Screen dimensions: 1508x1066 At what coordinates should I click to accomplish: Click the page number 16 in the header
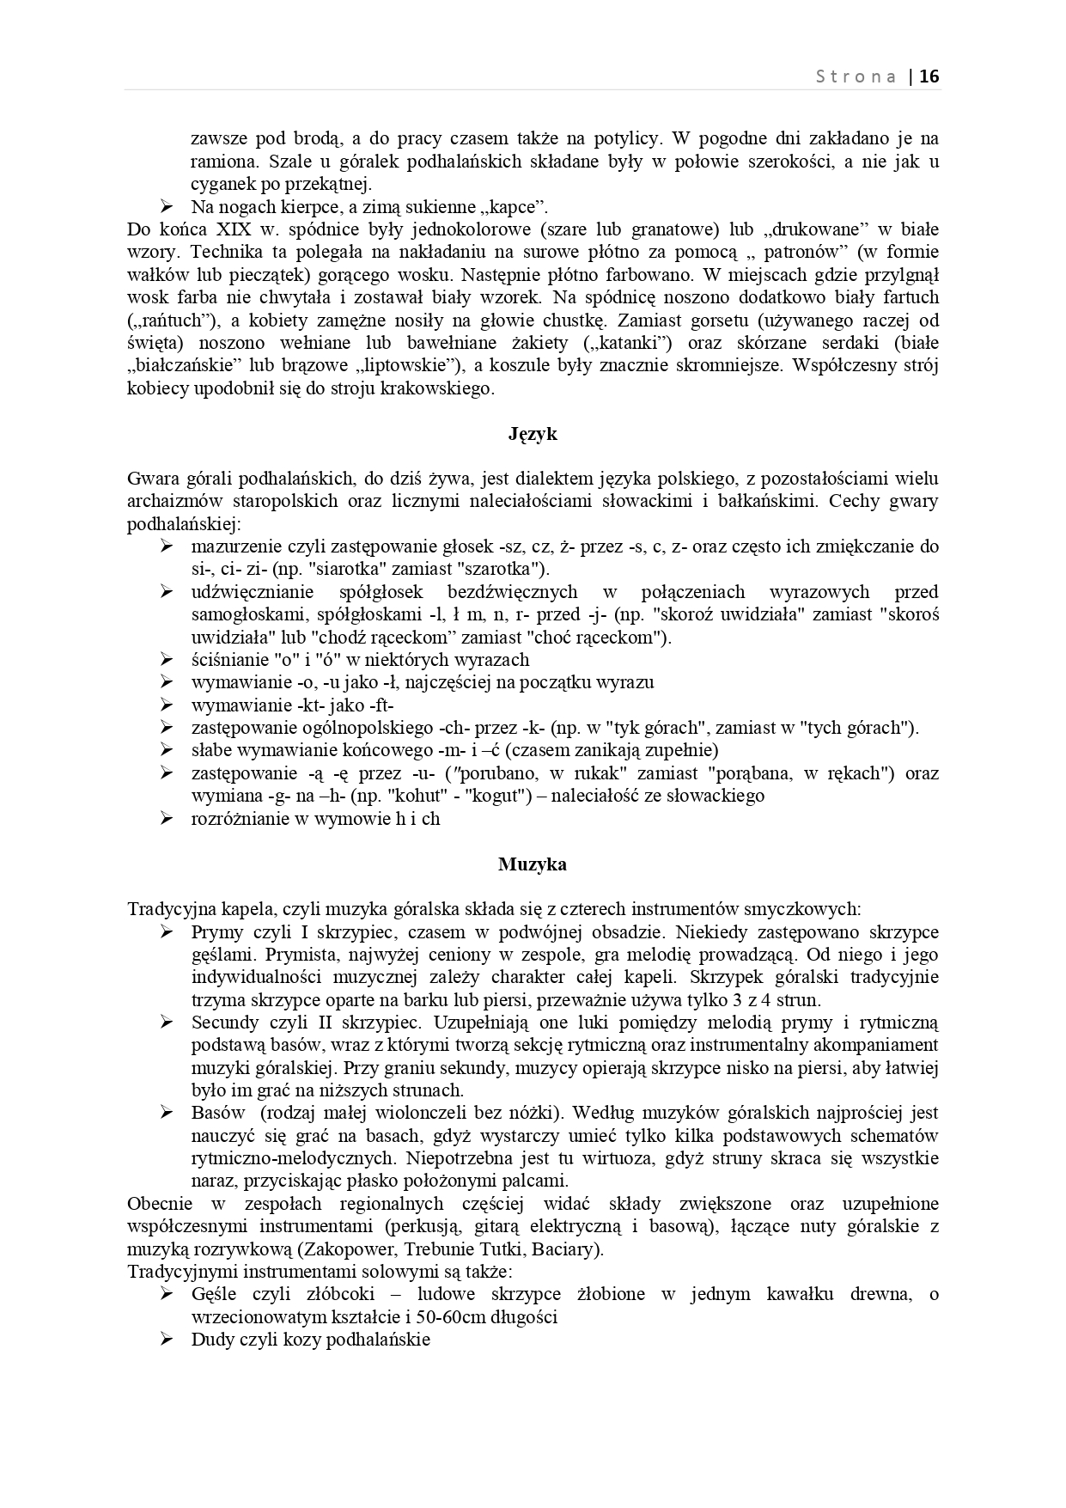[x=929, y=76]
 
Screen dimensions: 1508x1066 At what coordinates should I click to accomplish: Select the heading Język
[x=533, y=434]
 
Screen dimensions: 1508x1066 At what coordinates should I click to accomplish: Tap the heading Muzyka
[x=533, y=864]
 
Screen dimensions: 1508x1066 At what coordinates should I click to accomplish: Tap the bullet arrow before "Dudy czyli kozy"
[x=167, y=1339]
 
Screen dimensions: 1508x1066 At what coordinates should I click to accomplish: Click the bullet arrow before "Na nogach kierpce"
[x=167, y=206]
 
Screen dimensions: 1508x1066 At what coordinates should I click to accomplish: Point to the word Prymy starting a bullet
[x=217, y=932]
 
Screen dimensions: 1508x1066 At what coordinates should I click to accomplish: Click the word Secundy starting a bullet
[x=224, y=1023]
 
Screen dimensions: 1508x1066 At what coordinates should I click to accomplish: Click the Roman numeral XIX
[x=234, y=229]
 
